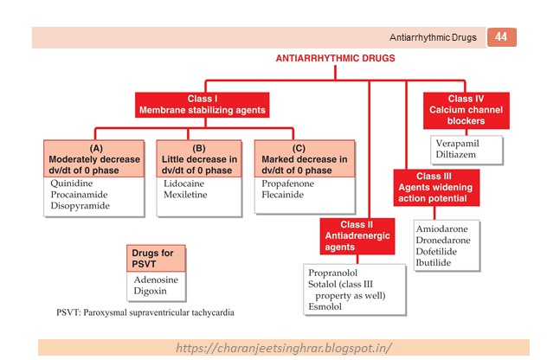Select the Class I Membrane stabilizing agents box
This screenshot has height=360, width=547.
click(202, 105)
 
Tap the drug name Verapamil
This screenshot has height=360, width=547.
click(454, 144)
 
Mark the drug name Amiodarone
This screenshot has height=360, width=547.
click(441, 228)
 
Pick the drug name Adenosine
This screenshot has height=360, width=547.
click(158, 280)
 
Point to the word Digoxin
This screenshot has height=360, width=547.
click(151, 292)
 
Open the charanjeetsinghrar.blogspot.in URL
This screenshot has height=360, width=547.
click(284, 348)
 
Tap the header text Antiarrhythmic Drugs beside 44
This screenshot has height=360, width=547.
click(434, 37)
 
